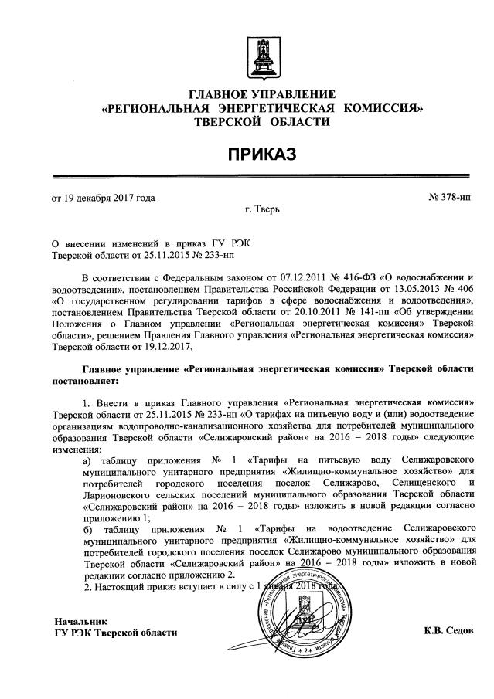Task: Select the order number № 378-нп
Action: pos(448,197)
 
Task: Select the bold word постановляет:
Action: pos(86,381)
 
